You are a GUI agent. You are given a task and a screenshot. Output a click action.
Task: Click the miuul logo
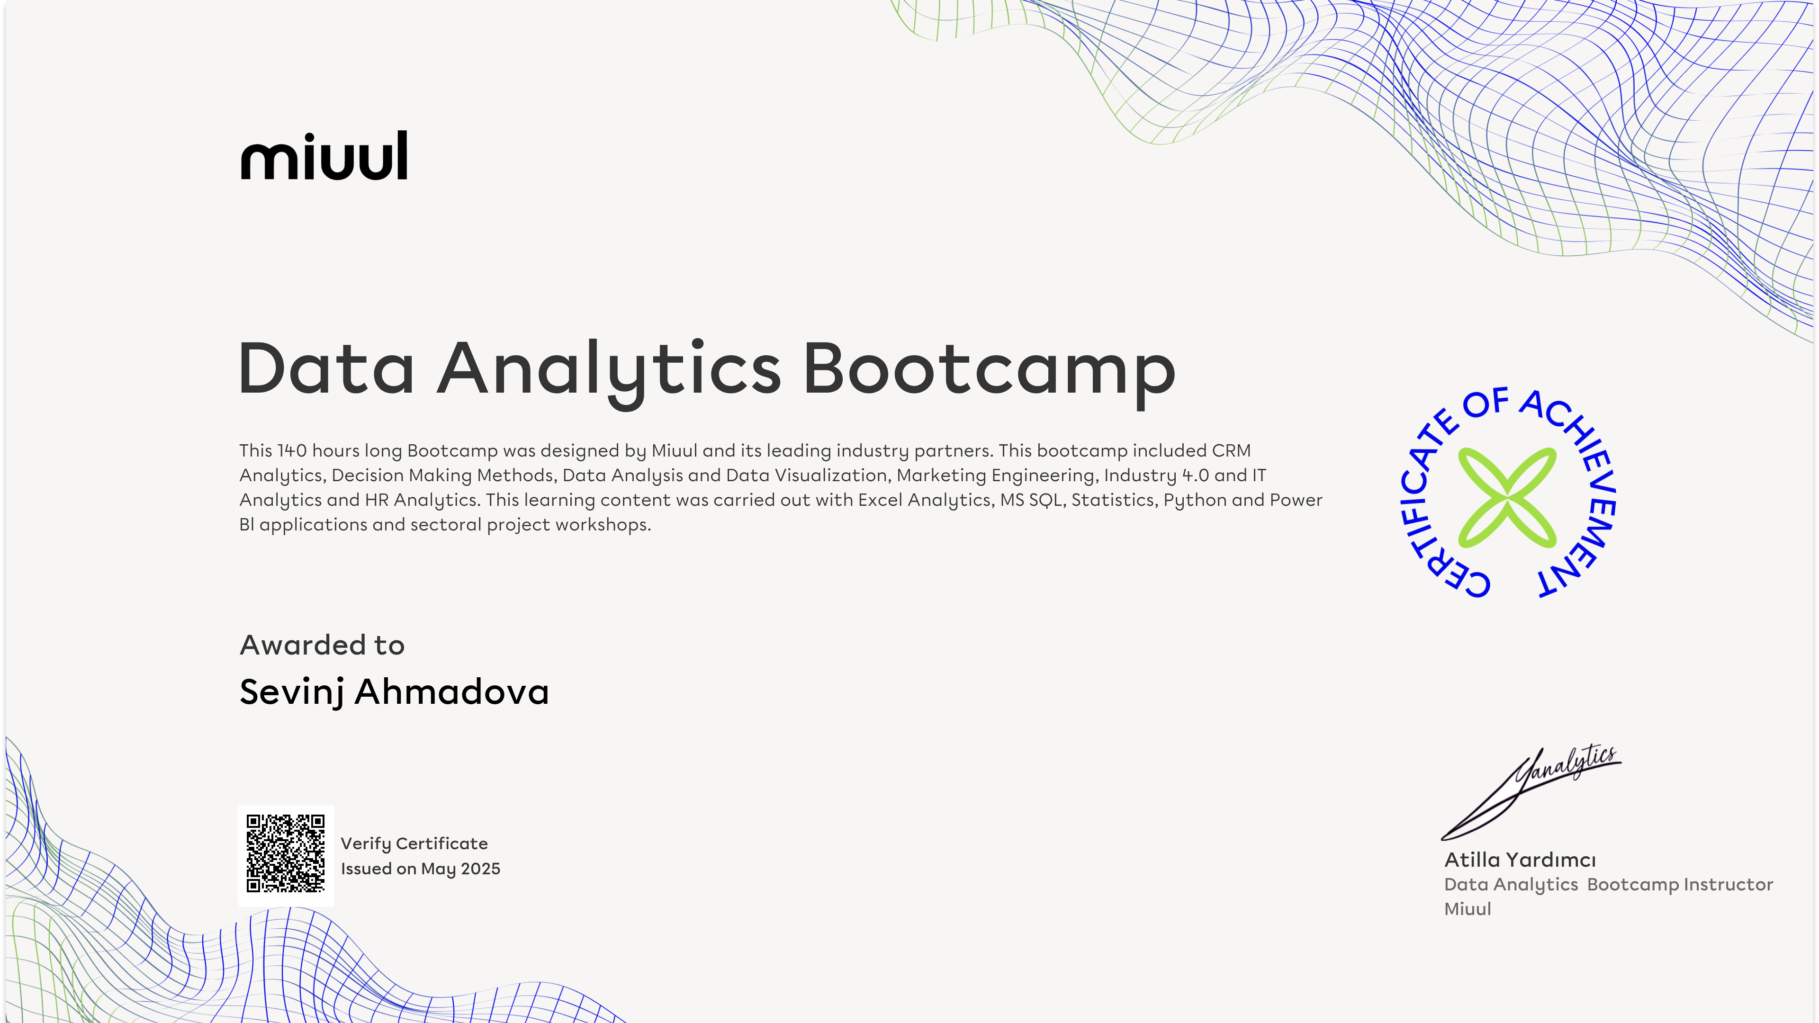pyautogui.click(x=324, y=155)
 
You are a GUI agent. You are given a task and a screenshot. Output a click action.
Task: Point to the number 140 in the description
pyautogui.click(x=292, y=450)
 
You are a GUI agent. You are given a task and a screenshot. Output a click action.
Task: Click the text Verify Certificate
pyautogui.click(x=414, y=844)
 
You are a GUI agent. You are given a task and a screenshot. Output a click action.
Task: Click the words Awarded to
pyautogui.click(x=322, y=645)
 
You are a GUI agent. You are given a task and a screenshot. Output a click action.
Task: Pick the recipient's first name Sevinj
pyautogui.click(x=292, y=692)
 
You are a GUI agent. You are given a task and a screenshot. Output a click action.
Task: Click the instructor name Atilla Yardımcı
pyautogui.click(x=1520, y=859)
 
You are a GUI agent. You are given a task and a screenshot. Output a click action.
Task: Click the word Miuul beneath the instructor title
pyautogui.click(x=1468, y=909)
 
